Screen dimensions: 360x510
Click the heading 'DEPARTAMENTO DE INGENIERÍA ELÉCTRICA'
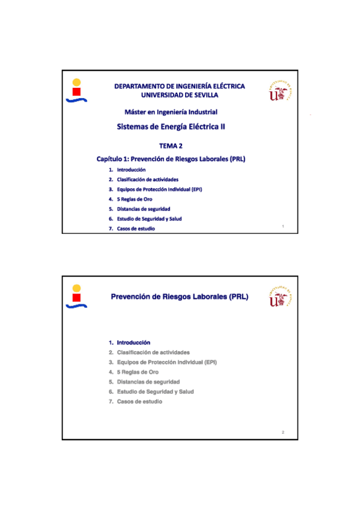pyautogui.click(x=180, y=86)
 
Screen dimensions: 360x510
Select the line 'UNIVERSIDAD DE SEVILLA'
pyautogui.click(x=180, y=94)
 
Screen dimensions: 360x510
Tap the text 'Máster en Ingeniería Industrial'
pyautogui.click(x=171, y=112)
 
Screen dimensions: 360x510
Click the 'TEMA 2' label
pyautogui.click(x=171, y=146)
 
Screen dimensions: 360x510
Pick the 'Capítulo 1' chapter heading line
pyautogui.click(x=171, y=159)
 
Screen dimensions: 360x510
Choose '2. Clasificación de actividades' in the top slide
pyautogui.click(x=147, y=179)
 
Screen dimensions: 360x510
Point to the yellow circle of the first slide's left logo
pyautogui.click(x=76, y=82)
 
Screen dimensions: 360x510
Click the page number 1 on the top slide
pyautogui.click(x=282, y=226)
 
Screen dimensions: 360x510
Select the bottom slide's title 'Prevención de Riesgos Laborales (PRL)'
pyautogui.click(x=180, y=297)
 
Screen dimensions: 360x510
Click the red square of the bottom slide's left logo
pyautogui.click(x=76, y=298)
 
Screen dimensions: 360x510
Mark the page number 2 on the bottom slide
pyautogui.click(x=282, y=432)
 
